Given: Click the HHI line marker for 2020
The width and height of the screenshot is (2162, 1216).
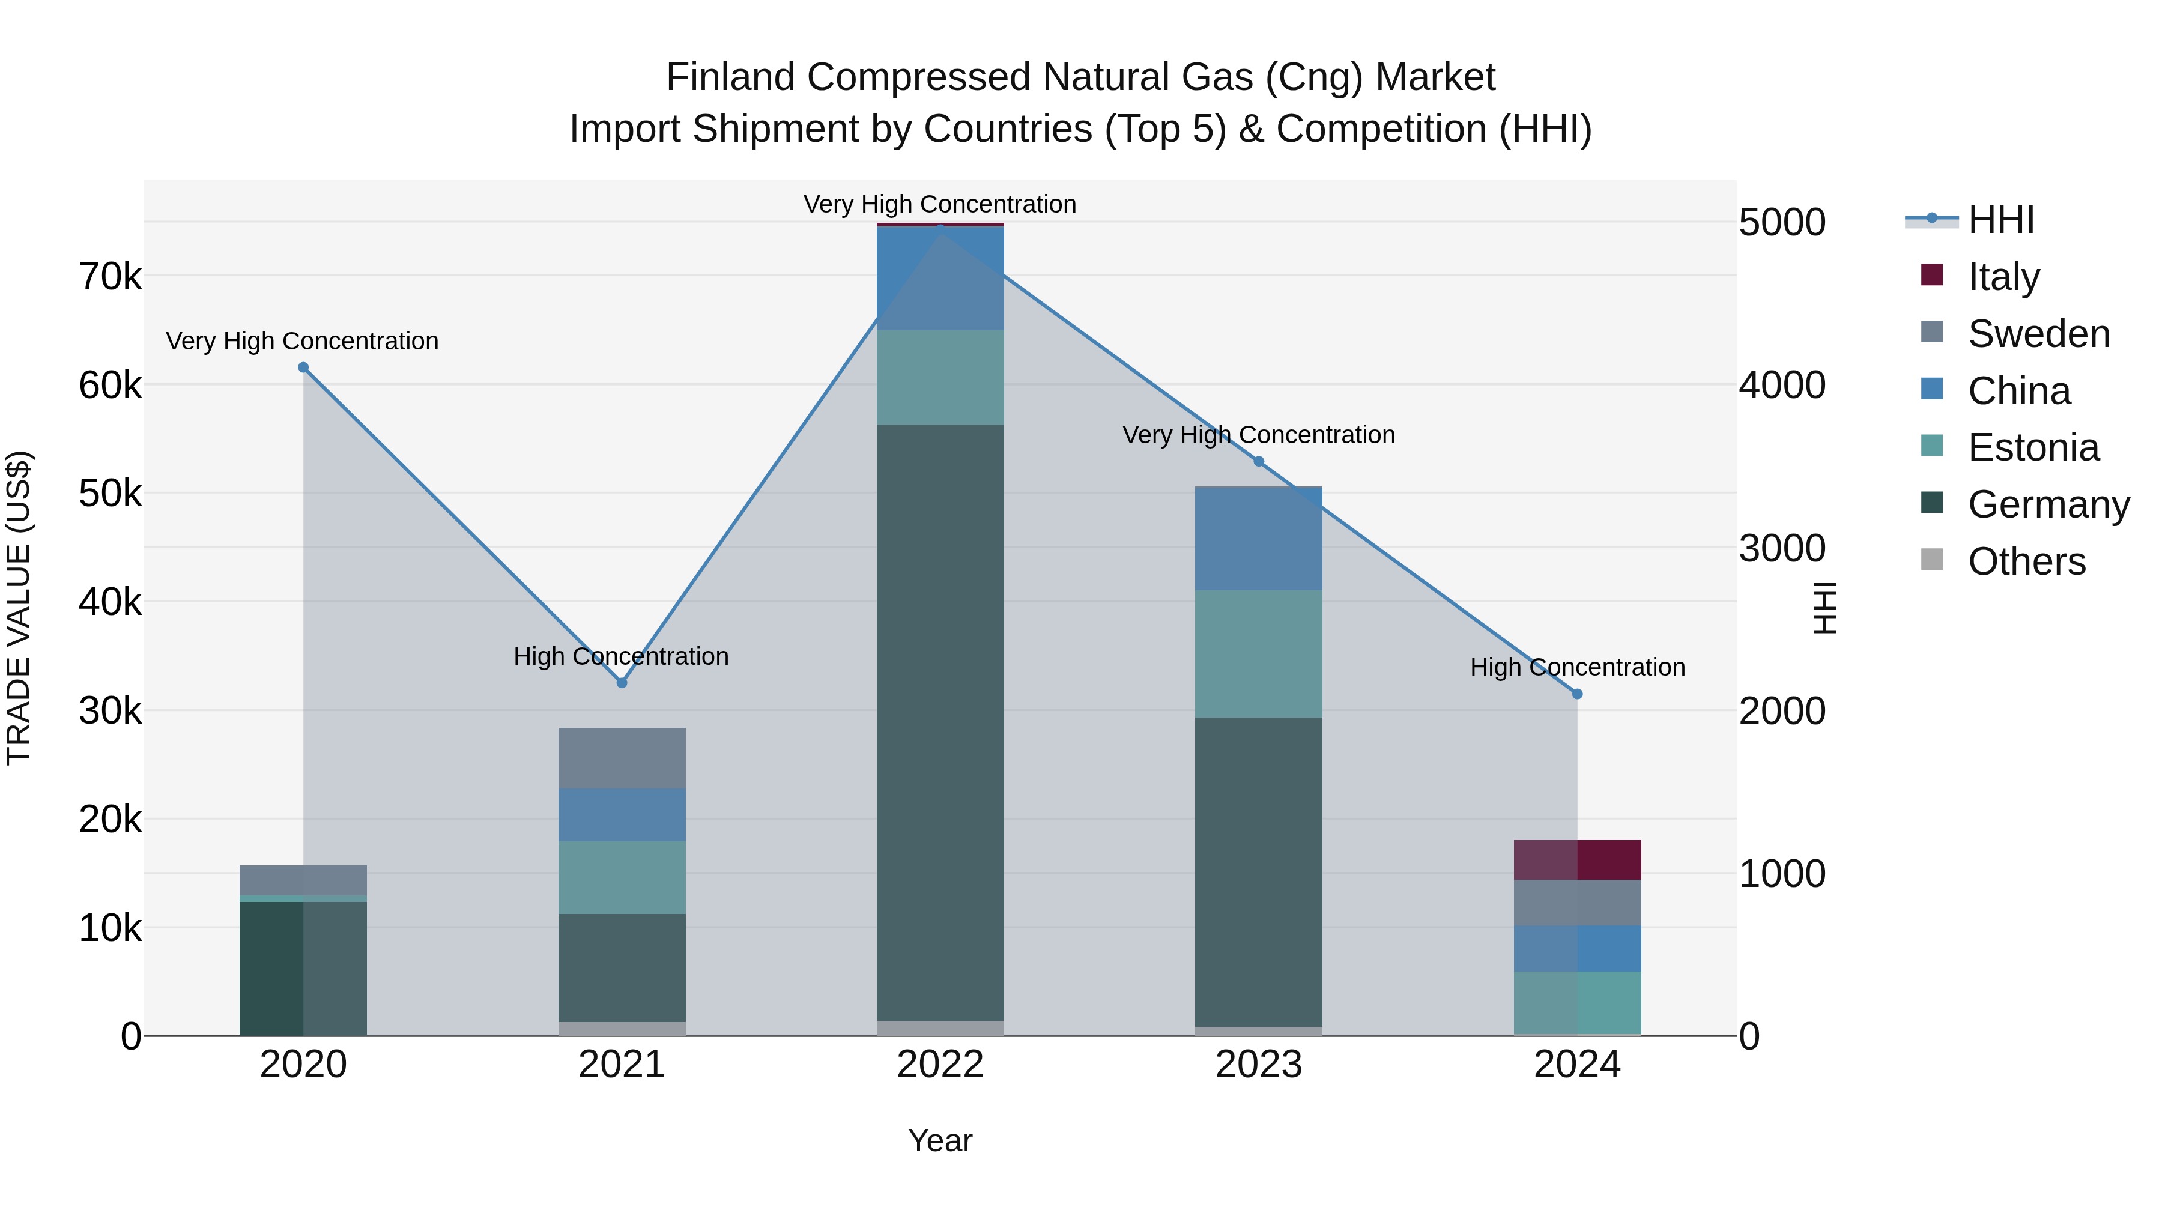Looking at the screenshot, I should [x=303, y=368].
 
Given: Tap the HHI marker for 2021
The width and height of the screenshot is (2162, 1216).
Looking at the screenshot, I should [x=622, y=683].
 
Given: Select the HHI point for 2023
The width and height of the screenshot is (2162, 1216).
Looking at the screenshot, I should [x=1258, y=462].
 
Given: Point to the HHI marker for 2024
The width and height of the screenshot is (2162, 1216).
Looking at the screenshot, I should [x=1577, y=694].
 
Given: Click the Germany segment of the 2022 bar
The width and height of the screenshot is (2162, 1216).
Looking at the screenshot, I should [x=940, y=722].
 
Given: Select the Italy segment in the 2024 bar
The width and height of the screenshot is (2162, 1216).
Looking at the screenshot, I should [x=1577, y=860].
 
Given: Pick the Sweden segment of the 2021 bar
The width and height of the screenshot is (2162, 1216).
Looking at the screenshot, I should [x=622, y=758].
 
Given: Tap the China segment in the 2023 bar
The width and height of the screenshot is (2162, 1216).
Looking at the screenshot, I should [x=1258, y=538].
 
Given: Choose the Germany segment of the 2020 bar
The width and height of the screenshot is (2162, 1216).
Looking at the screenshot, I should [x=303, y=969].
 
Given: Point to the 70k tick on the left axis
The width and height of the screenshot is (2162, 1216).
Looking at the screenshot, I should [x=111, y=276].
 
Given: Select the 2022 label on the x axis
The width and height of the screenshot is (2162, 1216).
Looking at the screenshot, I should [x=940, y=1065].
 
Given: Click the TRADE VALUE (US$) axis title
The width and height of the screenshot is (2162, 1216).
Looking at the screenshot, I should [x=19, y=608].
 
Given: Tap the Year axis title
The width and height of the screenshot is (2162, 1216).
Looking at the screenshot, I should [x=940, y=1140].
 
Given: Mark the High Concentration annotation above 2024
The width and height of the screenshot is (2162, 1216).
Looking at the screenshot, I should [x=1577, y=667].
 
